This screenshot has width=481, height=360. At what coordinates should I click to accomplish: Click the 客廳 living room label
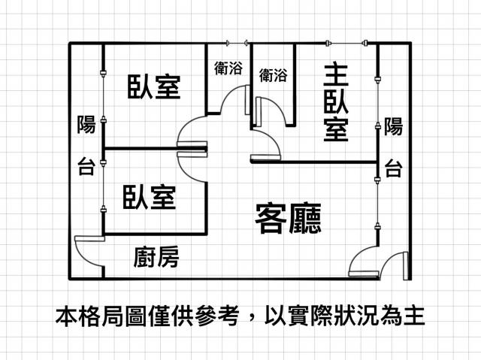tap(288, 218)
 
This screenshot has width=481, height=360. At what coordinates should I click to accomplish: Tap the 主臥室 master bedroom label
tap(336, 103)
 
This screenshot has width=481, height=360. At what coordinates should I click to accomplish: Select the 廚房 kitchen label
tap(156, 256)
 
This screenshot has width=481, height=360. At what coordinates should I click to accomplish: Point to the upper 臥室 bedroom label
tap(153, 86)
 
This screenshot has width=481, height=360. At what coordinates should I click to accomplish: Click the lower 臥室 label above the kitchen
tap(150, 197)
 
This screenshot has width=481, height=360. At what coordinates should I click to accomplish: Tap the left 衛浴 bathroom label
tap(228, 68)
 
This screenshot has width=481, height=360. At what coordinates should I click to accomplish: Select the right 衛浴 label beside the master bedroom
tap(273, 75)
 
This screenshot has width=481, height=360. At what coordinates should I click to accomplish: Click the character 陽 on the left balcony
tap(86, 125)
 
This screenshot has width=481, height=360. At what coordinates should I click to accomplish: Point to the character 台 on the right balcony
tap(394, 168)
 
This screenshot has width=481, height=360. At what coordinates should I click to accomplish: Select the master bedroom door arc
tap(272, 137)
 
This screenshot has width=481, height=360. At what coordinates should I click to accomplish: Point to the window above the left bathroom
tap(237, 44)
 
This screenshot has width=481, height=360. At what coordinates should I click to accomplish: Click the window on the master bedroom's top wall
tap(346, 44)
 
